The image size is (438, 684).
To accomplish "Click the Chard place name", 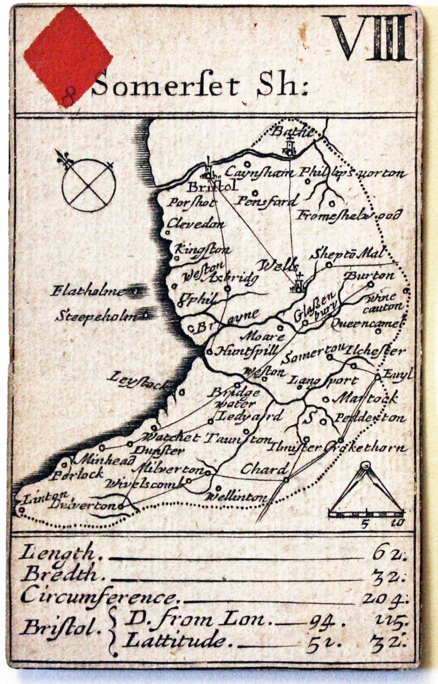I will [x=264, y=470].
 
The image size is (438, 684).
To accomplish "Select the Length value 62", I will [x=388, y=553].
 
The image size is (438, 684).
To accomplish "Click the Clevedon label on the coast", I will [x=196, y=224].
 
